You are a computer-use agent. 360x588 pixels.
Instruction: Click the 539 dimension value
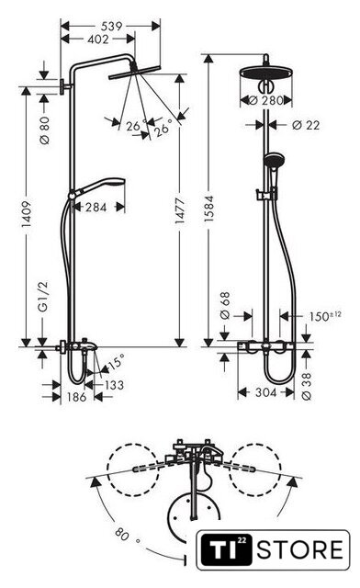coord(112,26)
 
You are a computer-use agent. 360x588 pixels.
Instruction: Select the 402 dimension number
coord(98,39)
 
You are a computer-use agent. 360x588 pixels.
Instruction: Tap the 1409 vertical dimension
coord(26,214)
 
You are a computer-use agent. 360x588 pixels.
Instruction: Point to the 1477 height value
coord(180,210)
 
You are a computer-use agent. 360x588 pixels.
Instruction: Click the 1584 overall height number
coord(208,209)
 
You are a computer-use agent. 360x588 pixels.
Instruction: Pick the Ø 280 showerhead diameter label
coord(266,100)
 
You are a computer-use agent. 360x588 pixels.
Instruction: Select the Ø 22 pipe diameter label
coord(306,125)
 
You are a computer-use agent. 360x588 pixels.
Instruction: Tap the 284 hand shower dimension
coord(96,207)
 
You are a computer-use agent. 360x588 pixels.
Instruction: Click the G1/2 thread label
coord(44,297)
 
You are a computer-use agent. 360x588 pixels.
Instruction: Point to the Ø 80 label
coord(44,130)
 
